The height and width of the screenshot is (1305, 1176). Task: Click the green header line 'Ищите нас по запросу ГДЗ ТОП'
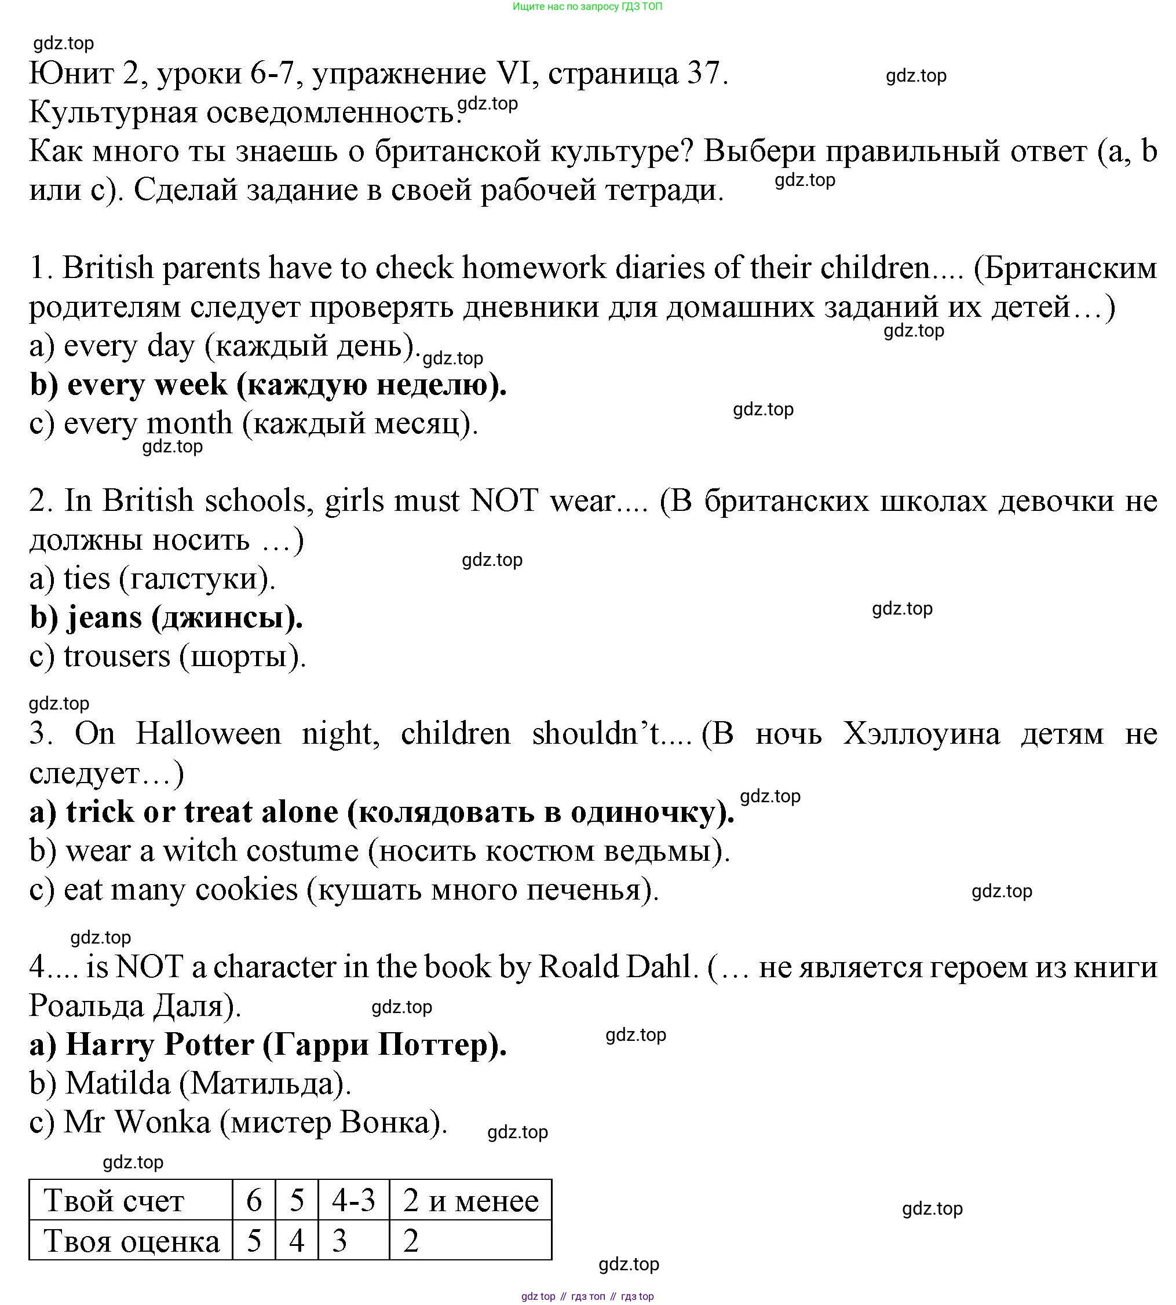pyautogui.click(x=587, y=6)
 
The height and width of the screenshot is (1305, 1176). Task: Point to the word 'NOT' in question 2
pyautogui.click(x=504, y=500)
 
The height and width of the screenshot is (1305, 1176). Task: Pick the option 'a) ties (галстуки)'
pyautogui.click(x=152, y=578)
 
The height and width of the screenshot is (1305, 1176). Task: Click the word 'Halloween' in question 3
pyautogui.click(x=208, y=734)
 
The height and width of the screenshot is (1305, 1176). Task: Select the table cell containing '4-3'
pyautogui.click(x=353, y=1201)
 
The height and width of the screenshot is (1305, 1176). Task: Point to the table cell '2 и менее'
pyautogui.click(x=470, y=1201)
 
